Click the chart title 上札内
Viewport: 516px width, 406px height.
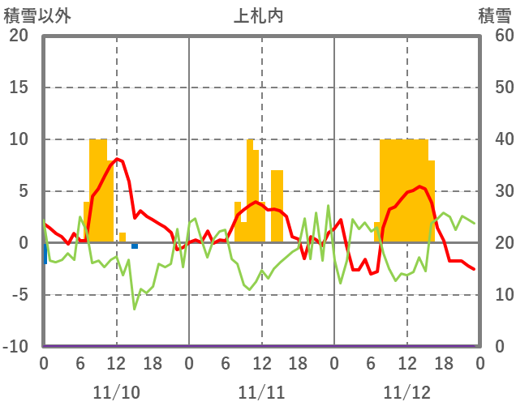tap(258, 15)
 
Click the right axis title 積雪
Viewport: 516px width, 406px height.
tap(494, 15)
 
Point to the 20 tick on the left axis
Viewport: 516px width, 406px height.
tap(19, 36)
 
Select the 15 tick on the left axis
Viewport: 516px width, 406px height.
tap(19, 88)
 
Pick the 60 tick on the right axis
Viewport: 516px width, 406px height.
tap(494, 36)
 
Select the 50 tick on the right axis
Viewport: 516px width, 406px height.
tap(494, 88)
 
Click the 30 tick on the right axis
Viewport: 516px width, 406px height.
tap(494, 191)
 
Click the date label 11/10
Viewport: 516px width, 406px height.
tap(116, 392)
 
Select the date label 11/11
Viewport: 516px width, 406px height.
tap(261, 392)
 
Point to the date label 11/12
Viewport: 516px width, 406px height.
tap(406, 392)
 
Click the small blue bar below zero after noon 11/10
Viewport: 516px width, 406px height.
tap(135, 246)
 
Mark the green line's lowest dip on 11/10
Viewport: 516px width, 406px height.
tap(135, 309)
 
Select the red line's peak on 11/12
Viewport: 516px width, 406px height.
tap(419, 186)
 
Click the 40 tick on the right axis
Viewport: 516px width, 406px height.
tap(494, 139)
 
